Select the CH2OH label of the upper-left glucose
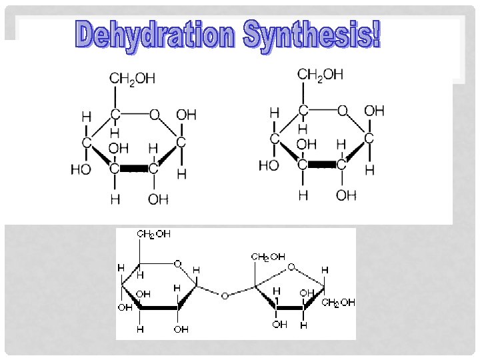click(132, 79)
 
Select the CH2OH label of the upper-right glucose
click(321, 74)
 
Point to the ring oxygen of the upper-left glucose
click(155, 115)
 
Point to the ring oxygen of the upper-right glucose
click(343, 111)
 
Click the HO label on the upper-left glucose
click(81, 169)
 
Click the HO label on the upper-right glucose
click(269, 165)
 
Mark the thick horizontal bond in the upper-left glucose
click(134, 169)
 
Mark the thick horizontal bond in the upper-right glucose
click(322, 164)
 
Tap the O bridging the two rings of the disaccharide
click(225, 295)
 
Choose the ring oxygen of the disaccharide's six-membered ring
click(177, 264)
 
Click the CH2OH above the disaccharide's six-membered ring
click(153, 234)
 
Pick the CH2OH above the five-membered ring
click(268, 257)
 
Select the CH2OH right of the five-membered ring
click(338, 303)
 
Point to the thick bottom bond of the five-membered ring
click(289, 308)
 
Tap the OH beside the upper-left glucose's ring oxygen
click(186, 115)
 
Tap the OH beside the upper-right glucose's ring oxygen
click(375, 111)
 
